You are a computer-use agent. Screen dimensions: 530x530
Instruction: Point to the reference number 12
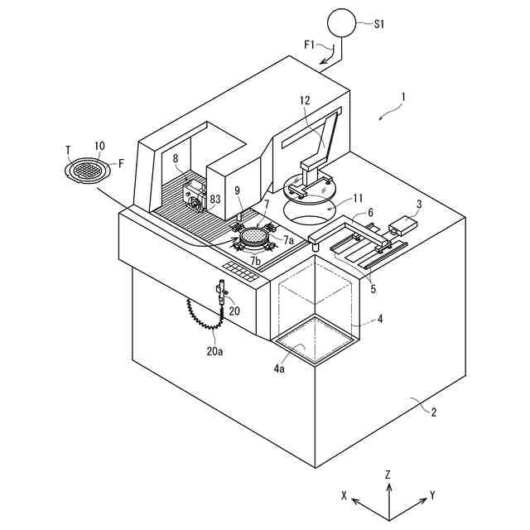pos(305,100)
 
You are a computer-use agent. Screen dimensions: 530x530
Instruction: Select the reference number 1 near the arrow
pos(403,97)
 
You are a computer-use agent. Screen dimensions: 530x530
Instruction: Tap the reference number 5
pos(373,289)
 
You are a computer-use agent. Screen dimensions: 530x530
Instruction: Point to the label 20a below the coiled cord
pos(215,351)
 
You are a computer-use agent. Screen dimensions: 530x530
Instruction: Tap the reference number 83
pos(215,199)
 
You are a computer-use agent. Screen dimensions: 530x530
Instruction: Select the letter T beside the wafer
pos(68,149)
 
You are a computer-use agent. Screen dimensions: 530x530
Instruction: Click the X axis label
pos(344,494)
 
